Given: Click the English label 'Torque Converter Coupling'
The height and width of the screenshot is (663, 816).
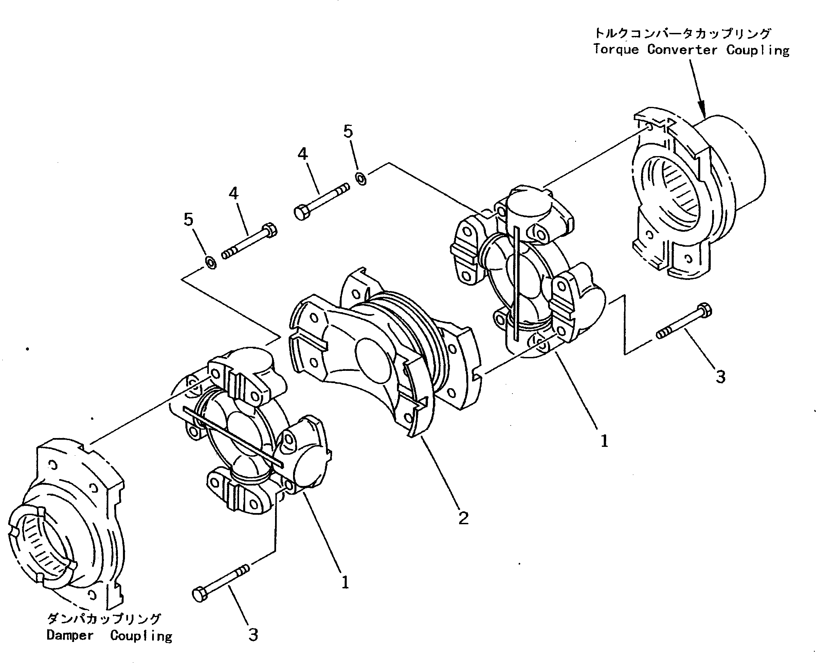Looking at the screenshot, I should [691, 50].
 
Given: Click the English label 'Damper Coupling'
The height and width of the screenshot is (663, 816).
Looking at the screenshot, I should [109, 636].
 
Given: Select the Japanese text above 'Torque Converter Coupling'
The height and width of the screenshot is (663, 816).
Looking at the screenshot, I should [682, 34].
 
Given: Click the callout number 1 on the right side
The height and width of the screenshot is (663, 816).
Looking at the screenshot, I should [604, 441].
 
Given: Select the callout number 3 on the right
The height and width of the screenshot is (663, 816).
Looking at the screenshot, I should [720, 377].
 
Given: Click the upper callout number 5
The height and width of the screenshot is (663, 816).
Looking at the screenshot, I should [348, 131].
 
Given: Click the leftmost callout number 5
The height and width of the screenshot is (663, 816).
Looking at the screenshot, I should [188, 220].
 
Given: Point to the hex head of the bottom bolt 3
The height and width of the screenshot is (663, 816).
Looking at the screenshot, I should [200, 595].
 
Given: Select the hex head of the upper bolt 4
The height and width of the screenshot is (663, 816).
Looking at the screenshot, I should [302, 212].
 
